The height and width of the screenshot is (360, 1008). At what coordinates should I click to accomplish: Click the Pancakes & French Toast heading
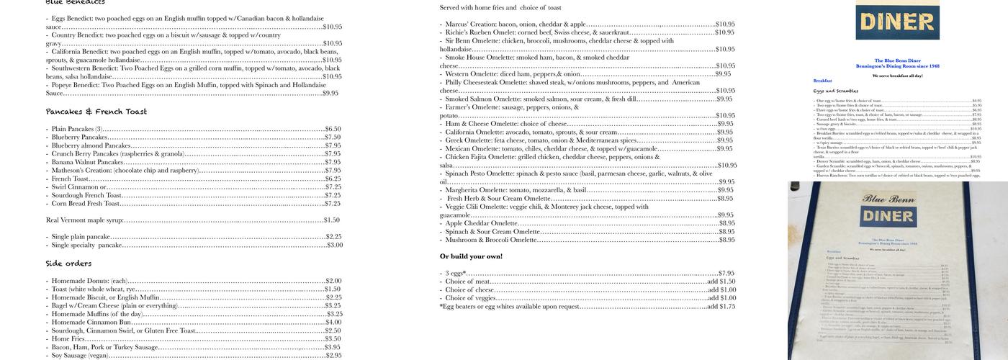(96, 112)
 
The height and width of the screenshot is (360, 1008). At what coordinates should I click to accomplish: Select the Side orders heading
(69, 264)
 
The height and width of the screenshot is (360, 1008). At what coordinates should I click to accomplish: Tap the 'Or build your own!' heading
(471, 256)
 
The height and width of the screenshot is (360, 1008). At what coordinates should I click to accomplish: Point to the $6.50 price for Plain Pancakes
(333, 129)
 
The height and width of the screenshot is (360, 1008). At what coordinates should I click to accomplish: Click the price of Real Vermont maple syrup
(331, 220)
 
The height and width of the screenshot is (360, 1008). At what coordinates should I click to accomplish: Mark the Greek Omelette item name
(472, 140)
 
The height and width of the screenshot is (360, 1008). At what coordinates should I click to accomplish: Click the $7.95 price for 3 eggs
(726, 274)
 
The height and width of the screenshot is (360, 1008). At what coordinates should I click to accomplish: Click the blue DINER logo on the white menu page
(897, 22)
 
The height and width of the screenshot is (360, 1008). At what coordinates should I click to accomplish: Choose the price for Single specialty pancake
(334, 245)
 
